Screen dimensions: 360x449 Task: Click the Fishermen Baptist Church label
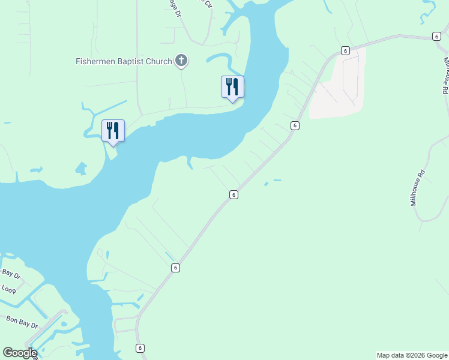tap(124, 61)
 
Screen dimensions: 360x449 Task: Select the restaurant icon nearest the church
tap(232, 88)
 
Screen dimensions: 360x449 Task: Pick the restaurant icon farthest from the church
tap(113, 131)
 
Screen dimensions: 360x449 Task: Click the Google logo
tap(20, 353)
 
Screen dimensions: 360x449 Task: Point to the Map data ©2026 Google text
tap(412, 355)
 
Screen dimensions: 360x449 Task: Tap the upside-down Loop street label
tap(8, 289)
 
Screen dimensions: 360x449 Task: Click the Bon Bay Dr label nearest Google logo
tap(22, 321)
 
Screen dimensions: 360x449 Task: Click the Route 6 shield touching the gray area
tap(345, 50)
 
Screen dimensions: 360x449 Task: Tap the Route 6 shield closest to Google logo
tap(140, 347)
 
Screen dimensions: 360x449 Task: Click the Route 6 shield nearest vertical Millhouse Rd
tap(436, 37)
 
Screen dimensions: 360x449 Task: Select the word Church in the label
tap(160, 61)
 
